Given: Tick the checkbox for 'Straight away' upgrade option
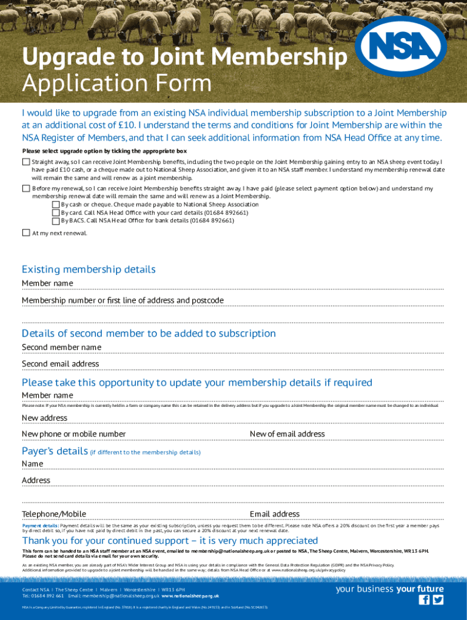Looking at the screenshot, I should [x=25, y=162].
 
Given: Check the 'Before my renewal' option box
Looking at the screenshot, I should [x=25, y=188].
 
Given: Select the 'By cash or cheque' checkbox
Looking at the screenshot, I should [x=56, y=205].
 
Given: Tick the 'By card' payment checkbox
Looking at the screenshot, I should [x=56, y=213].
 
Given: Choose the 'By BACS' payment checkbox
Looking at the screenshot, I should [x=56, y=220].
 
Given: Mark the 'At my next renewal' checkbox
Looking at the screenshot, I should [x=25, y=232].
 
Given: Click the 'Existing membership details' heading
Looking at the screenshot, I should [x=89, y=269].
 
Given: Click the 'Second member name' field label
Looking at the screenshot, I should [x=61, y=347].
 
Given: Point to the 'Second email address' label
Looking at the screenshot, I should [x=60, y=364].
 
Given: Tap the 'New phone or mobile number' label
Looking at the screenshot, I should [x=73, y=434].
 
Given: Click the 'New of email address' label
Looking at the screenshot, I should [x=287, y=434].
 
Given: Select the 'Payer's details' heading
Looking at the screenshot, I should [x=55, y=451].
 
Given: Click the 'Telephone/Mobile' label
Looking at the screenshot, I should [x=54, y=514].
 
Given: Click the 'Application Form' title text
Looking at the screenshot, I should [x=116, y=83].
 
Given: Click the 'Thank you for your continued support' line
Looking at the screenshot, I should [x=170, y=540].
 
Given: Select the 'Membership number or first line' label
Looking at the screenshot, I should [x=123, y=300].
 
